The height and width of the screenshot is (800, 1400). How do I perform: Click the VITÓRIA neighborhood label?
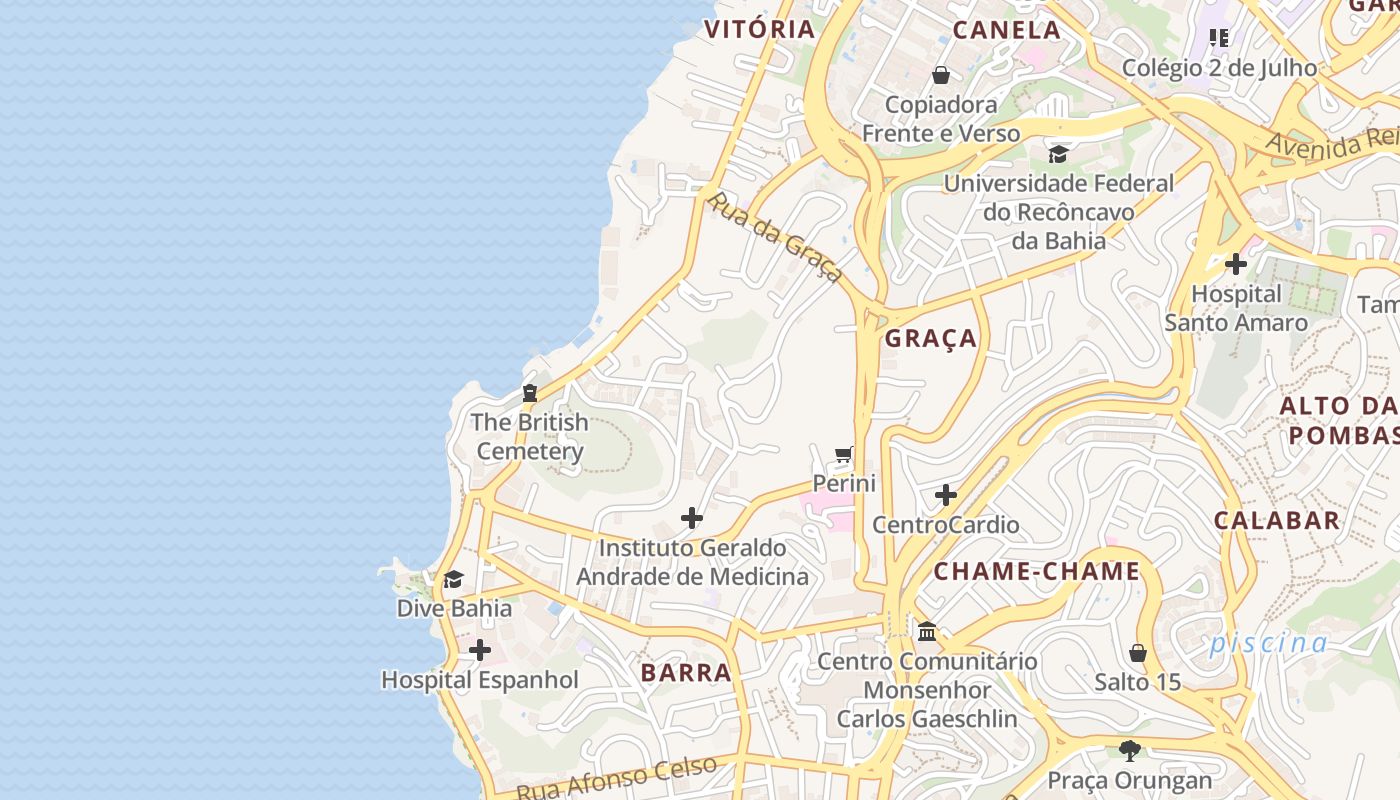pos(760,29)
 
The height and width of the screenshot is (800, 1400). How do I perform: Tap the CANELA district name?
pos(1006,30)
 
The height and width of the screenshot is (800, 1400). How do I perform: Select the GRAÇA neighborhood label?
pos(931,339)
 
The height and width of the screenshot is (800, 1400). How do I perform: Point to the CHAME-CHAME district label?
pos(1037,572)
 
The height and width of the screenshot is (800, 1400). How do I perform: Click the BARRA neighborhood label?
pos(686,673)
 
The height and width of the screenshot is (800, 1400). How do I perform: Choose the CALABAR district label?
pos(1276,520)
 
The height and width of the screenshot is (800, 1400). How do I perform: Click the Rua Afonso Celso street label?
pos(617,779)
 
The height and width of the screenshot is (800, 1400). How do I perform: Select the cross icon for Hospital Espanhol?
pos(480,651)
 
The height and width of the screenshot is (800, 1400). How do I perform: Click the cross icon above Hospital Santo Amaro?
pos(1236,264)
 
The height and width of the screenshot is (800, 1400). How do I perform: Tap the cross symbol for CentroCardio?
pos(946,495)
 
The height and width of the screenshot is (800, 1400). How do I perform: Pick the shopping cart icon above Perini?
pos(844,455)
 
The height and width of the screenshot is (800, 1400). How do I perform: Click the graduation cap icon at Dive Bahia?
pos(453,580)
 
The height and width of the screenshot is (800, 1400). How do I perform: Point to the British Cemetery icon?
pos(530,393)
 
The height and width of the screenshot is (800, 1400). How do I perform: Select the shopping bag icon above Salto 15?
pos(1137,654)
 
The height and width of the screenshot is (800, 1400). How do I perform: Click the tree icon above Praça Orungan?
pos(1129,750)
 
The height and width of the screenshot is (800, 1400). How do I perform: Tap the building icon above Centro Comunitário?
pos(927,632)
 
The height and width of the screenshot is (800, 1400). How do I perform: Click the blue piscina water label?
pos(1268,643)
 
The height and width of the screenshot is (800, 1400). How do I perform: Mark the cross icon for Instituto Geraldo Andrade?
pos(691,518)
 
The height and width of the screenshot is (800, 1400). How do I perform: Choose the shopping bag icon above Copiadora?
pos(941,75)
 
